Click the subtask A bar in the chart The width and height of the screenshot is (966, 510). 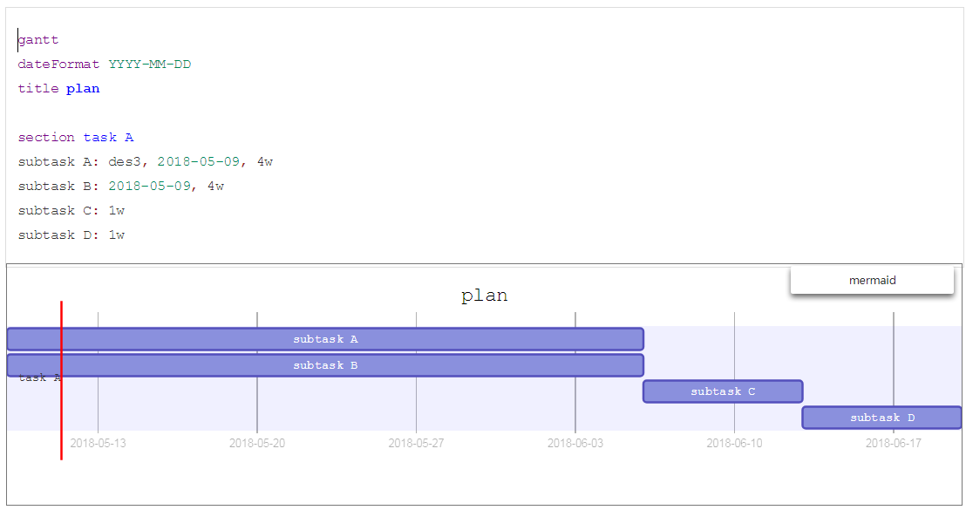click(325, 339)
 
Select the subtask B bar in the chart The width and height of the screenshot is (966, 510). click(325, 365)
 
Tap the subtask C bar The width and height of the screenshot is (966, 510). click(723, 391)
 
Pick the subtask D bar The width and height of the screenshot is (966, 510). click(881, 418)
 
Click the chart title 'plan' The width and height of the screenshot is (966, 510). click(484, 296)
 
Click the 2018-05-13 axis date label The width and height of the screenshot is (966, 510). click(98, 443)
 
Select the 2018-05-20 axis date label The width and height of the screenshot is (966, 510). click(257, 443)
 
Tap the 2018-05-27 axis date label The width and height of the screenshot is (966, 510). click(416, 443)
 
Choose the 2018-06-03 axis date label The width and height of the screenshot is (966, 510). click(575, 443)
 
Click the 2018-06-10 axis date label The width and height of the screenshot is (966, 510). click(734, 443)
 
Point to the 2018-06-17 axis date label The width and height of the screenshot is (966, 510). click(893, 443)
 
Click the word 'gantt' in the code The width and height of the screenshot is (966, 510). click(38, 40)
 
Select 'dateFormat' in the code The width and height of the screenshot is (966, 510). click(58, 65)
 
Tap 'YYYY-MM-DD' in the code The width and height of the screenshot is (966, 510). click(149, 65)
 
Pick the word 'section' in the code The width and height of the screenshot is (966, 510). click(46, 138)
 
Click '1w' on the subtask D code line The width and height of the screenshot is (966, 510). click(116, 235)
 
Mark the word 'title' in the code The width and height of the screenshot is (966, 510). click(38, 89)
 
